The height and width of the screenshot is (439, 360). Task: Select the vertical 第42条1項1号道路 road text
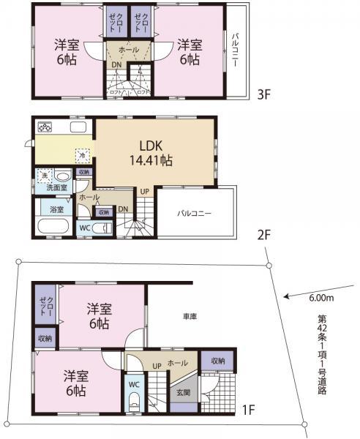coord(321,355)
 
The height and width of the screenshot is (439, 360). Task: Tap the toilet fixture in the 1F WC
coord(134,402)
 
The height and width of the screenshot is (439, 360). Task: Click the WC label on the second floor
coord(84,228)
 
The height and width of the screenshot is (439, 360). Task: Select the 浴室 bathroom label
coord(56,209)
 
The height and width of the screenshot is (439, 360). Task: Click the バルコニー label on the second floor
coord(194,214)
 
